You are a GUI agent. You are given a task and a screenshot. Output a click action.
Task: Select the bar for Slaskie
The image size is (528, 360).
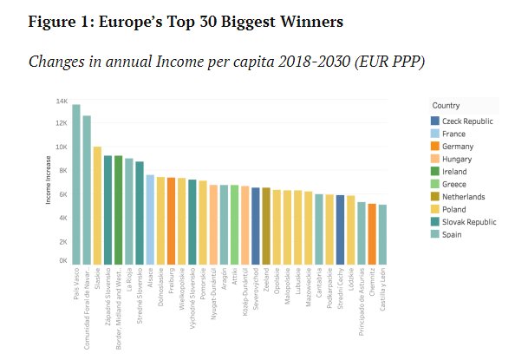[x=97, y=205]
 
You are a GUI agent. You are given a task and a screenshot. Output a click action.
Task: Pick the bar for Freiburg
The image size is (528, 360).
[x=171, y=220]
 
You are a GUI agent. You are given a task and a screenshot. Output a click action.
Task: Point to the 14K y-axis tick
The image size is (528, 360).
[x=62, y=101]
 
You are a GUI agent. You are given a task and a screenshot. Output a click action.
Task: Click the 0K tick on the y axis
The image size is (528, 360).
[x=62, y=260]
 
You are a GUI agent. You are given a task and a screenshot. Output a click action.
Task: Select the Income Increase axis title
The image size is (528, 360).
[x=50, y=182]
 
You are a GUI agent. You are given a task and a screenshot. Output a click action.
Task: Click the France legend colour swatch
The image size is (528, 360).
[x=435, y=134]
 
